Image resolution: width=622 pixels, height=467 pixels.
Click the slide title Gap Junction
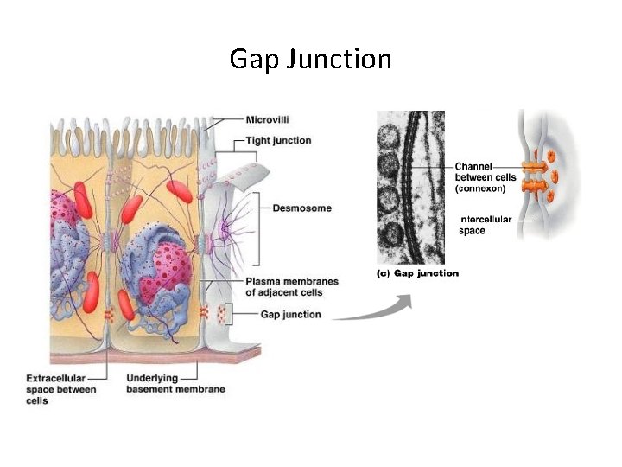click(310, 59)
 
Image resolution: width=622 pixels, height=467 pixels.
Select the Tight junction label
click(278, 140)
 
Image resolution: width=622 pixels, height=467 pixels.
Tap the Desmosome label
click(301, 208)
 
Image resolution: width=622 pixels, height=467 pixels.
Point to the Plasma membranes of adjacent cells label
click(291, 286)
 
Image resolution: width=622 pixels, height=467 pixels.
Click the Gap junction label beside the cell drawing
click(290, 315)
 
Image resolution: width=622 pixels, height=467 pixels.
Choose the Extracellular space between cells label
click(61, 389)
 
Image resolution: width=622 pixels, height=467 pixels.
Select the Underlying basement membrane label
click(175, 384)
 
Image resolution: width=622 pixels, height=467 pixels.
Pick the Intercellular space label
click(486, 225)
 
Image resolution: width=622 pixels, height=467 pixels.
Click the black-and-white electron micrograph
click(410, 186)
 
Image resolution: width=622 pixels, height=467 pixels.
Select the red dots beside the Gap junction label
click(223, 312)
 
